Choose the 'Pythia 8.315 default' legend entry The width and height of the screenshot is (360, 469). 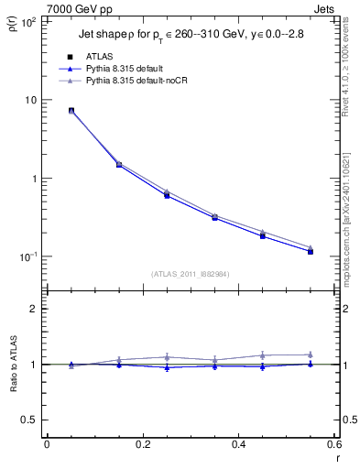(x=132, y=69)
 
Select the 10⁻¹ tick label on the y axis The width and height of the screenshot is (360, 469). (x=27, y=256)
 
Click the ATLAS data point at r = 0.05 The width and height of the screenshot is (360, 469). (x=71, y=110)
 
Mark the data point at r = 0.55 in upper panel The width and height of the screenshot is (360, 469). (x=311, y=251)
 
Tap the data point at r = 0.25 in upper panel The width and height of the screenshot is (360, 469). (x=167, y=195)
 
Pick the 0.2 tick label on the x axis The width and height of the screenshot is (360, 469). (x=142, y=444)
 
